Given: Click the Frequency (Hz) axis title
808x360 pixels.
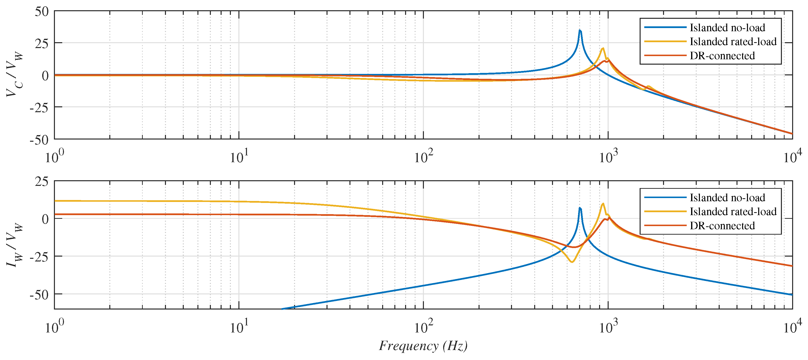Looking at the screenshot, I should pos(423,346).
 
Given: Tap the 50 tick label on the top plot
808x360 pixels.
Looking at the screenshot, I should pos(42,12).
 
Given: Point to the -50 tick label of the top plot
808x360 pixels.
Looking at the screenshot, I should pos(39,140).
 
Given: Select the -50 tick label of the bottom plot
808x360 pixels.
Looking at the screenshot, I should pos(39,295).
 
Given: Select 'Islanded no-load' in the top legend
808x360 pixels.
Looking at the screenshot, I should pos(727,28).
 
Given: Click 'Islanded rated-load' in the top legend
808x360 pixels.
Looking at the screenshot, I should pos(733,42).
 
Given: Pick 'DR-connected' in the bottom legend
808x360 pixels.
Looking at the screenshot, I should pos(722,226).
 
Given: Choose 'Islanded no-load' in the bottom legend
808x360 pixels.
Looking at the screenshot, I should pos(727,198).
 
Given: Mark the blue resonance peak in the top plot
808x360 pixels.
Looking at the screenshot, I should pos(580,30).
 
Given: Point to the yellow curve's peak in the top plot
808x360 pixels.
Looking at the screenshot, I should pos(603,48).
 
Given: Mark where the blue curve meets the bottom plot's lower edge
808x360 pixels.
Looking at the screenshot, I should pos(282,309).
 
